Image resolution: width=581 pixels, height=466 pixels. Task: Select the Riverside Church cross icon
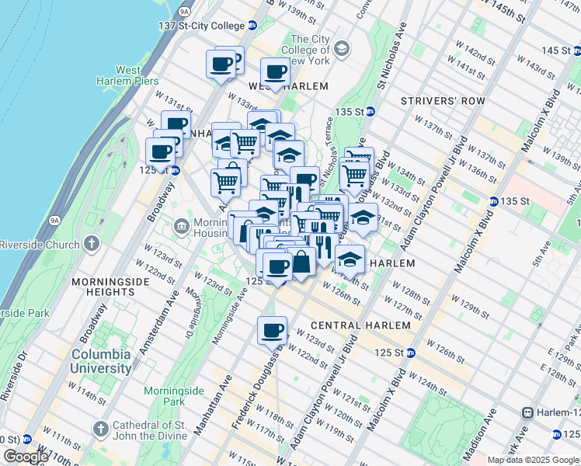pos(92,244)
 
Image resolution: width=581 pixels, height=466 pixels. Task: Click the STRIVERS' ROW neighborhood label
pos(443,102)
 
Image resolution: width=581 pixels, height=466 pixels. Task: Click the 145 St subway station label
pos(555,50)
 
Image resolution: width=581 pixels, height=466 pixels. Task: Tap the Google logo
pos(26,457)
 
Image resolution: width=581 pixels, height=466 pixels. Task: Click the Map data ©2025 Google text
pos(533,460)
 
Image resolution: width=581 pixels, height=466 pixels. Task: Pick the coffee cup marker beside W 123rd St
pos(272,330)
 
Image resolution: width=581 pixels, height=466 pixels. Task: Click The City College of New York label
pos(311,50)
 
